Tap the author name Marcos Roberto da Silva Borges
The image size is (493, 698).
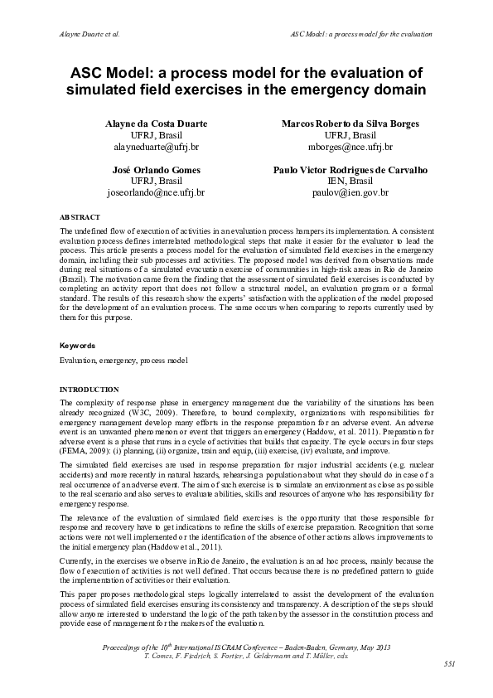tap(350, 124)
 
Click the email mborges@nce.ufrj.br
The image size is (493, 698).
tap(350, 147)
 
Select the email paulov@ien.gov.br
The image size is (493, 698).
tap(350, 192)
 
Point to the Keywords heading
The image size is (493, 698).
tap(78, 345)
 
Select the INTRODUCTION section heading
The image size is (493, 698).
tap(89, 390)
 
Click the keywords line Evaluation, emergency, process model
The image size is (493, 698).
tap(123, 361)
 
